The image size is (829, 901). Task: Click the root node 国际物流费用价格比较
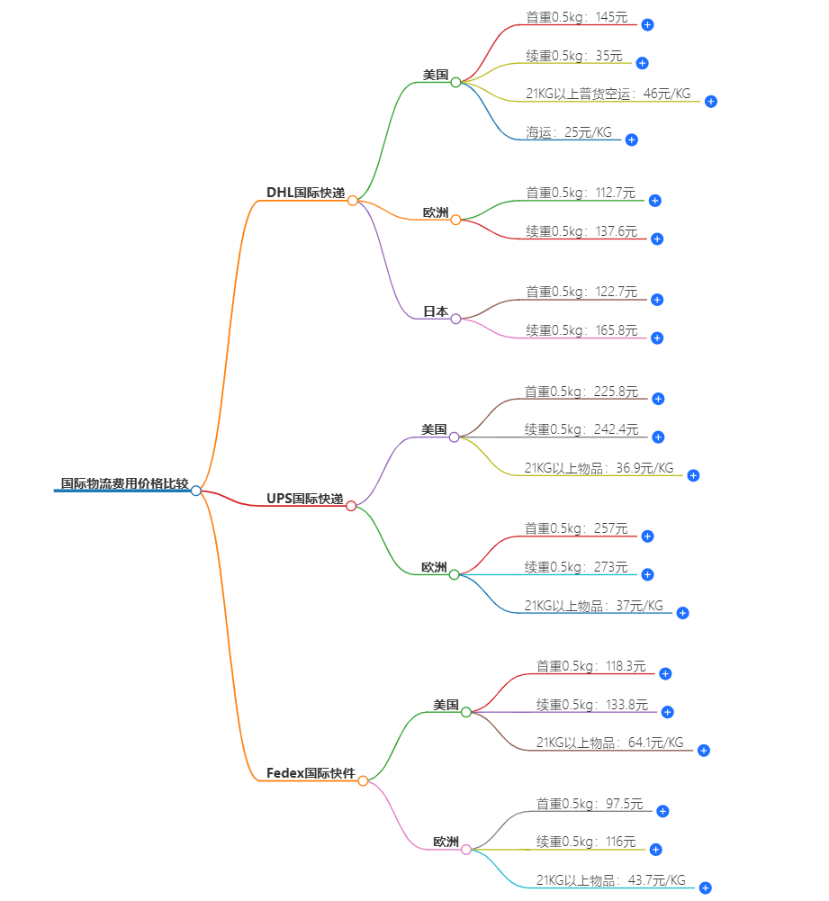(124, 484)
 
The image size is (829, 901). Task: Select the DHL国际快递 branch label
(305, 193)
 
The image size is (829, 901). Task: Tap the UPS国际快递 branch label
(304, 499)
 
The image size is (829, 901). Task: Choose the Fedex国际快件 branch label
(311, 773)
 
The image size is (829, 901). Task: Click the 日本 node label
(436, 311)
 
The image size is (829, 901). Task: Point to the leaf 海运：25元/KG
(569, 132)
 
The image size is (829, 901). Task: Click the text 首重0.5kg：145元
(577, 17)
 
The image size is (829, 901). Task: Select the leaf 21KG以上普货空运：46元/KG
(608, 94)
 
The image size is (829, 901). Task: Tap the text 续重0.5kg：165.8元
(581, 330)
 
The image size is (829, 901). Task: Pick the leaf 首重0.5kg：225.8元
(581, 392)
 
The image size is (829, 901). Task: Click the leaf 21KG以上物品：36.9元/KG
(599, 468)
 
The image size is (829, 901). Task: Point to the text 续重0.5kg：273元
(576, 567)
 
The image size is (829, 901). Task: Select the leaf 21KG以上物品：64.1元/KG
(609, 743)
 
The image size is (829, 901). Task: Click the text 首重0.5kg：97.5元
(590, 804)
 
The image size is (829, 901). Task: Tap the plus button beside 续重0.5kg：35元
(642, 63)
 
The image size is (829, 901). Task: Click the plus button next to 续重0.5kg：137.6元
(657, 239)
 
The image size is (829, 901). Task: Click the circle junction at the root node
(196, 491)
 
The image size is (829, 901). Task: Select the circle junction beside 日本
(455, 319)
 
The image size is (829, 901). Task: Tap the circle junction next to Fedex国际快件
(363, 781)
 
